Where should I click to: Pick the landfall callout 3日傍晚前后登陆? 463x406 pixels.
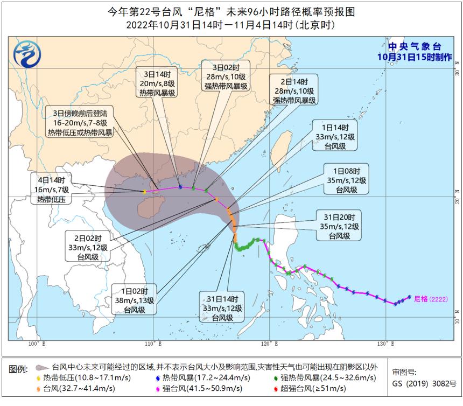tap(80, 123)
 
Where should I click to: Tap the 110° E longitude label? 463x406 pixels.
tap(154, 344)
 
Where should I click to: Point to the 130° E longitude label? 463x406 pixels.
tap(382, 344)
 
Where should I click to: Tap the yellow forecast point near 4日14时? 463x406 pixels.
tap(145, 192)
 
